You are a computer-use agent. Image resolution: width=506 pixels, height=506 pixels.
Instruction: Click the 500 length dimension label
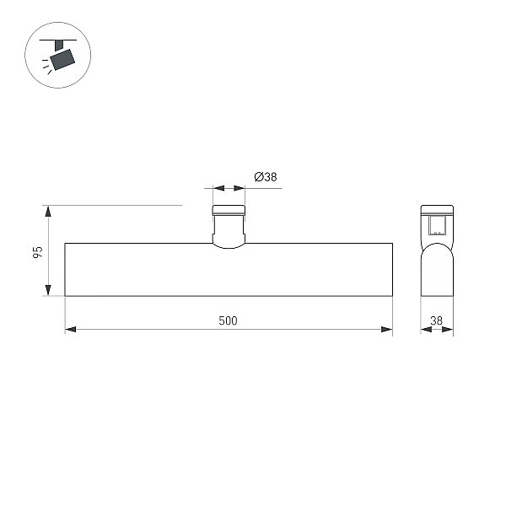tap(228, 320)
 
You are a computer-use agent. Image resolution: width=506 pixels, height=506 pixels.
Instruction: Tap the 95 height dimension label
tap(38, 252)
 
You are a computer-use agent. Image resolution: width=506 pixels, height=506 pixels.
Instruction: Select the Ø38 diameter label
tap(266, 177)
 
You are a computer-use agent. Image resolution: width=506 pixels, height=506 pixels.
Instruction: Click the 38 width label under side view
tap(436, 320)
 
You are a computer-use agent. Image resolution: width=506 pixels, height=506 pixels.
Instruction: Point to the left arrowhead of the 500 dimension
tap(71, 330)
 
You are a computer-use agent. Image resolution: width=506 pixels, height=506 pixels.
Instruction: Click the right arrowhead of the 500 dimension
tap(386, 330)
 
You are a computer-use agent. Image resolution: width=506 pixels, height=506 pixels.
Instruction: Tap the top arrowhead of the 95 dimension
tap(48, 211)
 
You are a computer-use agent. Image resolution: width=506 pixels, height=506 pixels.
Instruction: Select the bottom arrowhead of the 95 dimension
tap(48, 290)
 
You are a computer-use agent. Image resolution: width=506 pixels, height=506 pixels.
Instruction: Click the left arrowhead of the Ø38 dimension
tap(218, 188)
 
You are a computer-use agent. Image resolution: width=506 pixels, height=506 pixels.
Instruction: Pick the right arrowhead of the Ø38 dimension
tap(240, 188)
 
